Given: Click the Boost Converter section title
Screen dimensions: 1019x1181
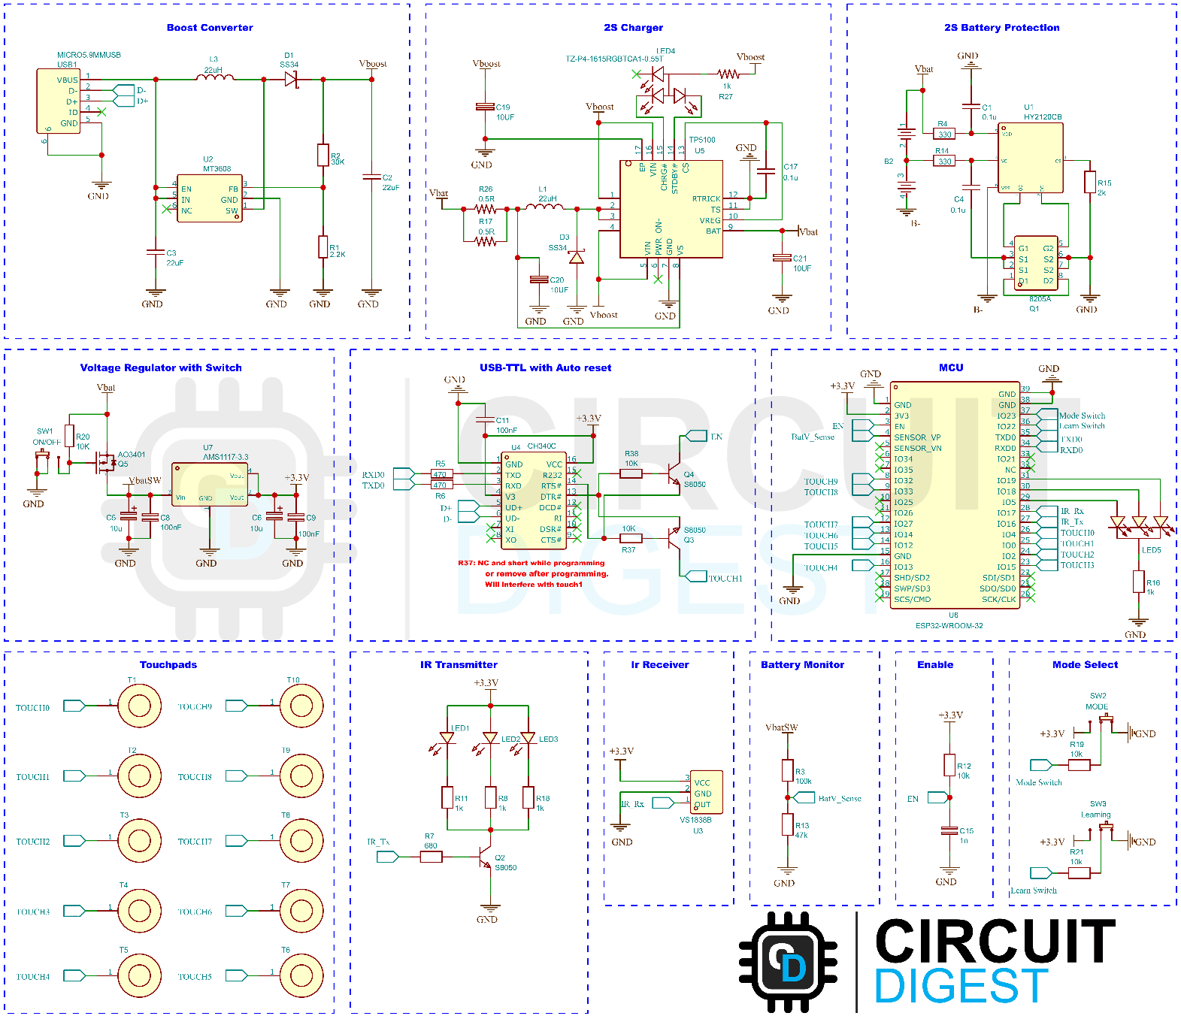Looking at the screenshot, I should (210, 28).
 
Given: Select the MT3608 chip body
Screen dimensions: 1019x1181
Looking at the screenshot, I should (210, 199).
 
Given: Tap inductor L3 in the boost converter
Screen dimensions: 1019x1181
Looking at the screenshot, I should (215, 77).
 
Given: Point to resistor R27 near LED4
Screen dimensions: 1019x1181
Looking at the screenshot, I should (728, 74).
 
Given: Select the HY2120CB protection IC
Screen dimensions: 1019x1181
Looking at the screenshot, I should (1030, 159).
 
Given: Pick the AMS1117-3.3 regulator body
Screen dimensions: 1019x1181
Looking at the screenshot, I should (210, 485).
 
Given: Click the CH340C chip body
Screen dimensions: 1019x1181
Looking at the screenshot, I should (533, 500).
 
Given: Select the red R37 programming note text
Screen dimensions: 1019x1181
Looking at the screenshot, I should (533, 573).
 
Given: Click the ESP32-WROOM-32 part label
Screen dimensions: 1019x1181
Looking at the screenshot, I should (949, 625).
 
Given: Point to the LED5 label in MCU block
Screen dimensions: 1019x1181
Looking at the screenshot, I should (1151, 550).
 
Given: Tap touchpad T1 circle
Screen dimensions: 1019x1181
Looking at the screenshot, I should (139, 706).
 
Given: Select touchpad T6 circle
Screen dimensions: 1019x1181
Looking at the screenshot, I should (301, 975).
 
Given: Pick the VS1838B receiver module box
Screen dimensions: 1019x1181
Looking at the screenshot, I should (707, 793).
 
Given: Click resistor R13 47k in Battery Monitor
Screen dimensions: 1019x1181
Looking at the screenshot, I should (788, 825).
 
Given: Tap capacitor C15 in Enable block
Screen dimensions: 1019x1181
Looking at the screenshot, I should (949, 831).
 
